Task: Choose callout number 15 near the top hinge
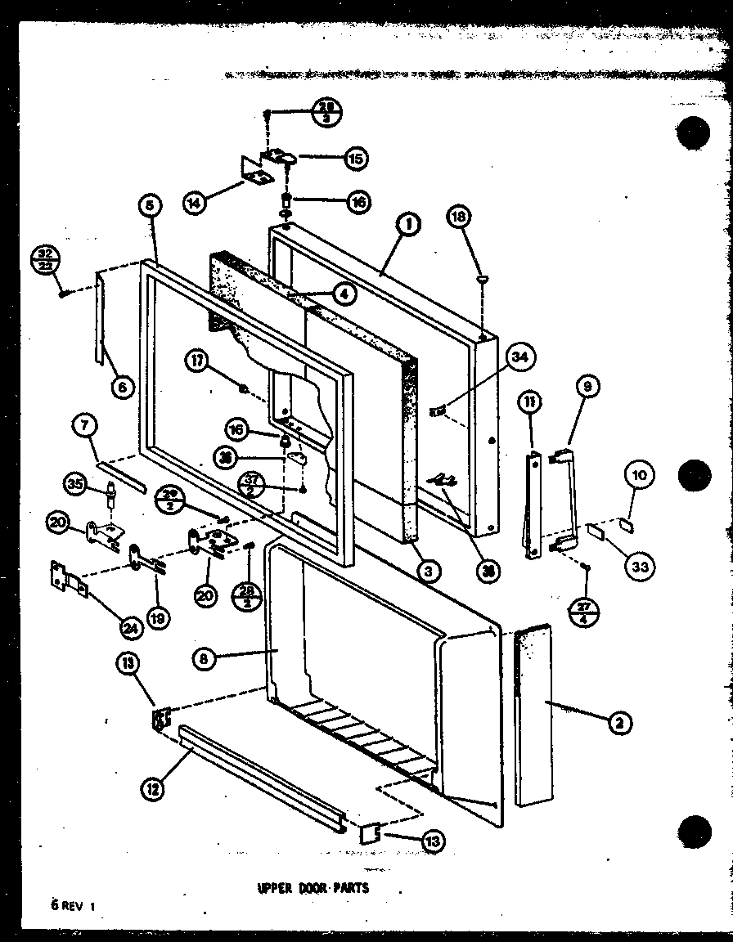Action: pos(355,157)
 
